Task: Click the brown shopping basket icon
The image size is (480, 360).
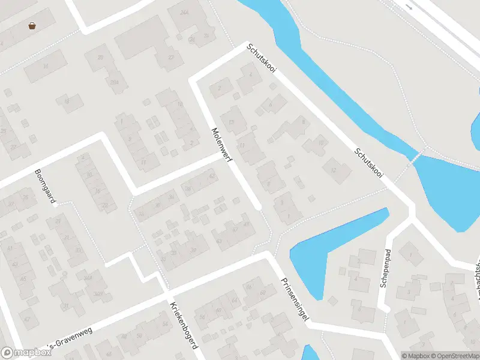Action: tap(31, 26)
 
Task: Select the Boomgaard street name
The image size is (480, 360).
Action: tap(45, 186)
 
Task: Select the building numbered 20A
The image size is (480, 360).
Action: tap(114, 83)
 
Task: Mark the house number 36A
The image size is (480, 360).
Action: tap(88, 277)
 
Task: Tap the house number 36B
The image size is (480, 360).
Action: tap(97, 294)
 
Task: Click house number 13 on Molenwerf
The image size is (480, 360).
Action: tap(230, 122)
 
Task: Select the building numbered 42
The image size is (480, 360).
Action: tap(211, 176)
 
